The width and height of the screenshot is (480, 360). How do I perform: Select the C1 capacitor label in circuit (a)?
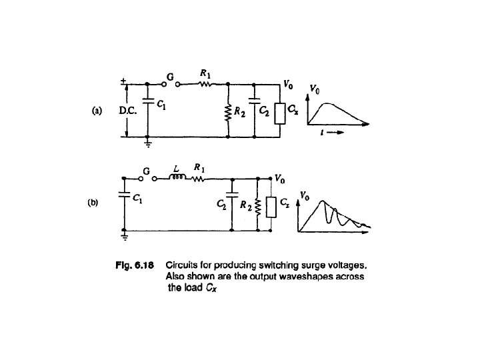161,104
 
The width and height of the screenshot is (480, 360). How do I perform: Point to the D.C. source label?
128,111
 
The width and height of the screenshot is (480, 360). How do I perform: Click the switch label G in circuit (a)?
170,77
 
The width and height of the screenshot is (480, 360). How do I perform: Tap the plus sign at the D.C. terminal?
123,82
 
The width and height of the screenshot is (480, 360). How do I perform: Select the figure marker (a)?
96,111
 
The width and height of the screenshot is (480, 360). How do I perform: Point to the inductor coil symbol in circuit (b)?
177,178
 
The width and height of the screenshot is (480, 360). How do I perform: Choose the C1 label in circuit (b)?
137,198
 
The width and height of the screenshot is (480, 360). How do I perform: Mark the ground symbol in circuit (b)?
124,235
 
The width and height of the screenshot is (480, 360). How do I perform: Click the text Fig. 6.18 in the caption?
136,265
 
